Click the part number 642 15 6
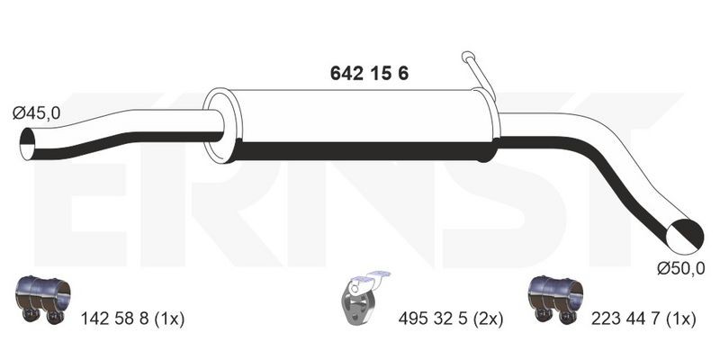369,74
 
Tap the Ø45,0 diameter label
36,113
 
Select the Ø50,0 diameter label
680,269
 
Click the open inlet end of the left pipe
28,144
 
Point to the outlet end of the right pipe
684,237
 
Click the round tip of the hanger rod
468,57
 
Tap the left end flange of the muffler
220,125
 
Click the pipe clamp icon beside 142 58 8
42,300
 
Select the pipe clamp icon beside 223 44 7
555,300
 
